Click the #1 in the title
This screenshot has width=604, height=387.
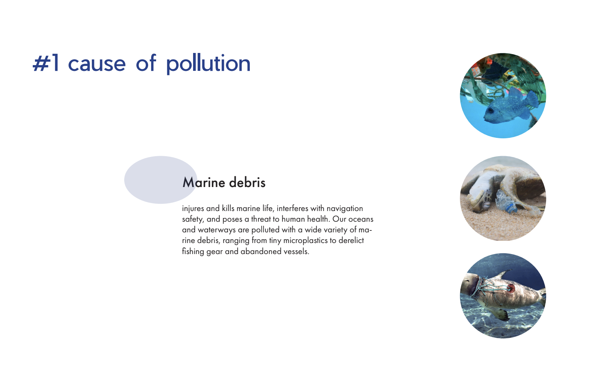[46, 64]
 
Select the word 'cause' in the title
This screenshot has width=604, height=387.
[97, 64]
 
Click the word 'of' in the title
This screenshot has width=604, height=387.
[146, 63]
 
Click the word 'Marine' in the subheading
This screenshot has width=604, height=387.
[204, 182]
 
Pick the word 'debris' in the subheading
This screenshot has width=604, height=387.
[247, 182]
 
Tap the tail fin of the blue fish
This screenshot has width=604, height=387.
[532, 99]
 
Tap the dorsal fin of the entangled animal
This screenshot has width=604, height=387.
[503, 274]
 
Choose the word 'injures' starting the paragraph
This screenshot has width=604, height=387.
[193, 209]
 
